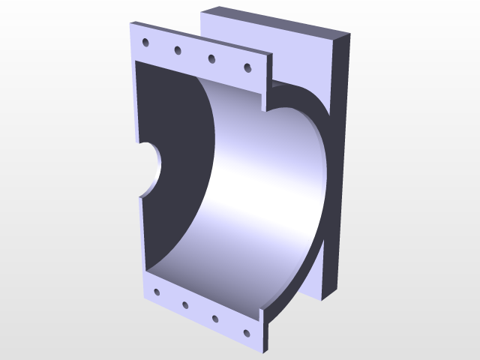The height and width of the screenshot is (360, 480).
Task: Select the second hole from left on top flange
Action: point(178,50)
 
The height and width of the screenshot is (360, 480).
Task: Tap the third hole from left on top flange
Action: point(212,58)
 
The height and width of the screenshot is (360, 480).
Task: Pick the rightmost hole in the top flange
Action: point(247,68)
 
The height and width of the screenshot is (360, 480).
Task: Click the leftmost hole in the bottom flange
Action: point(156,292)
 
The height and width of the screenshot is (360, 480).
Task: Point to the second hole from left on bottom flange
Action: point(184,305)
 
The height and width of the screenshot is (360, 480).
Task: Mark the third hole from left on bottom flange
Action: point(214,318)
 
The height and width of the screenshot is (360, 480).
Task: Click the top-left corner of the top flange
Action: point(130,22)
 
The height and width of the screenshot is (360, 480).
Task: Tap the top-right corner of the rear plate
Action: point(350,34)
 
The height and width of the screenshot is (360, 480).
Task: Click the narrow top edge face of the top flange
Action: point(202,37)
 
